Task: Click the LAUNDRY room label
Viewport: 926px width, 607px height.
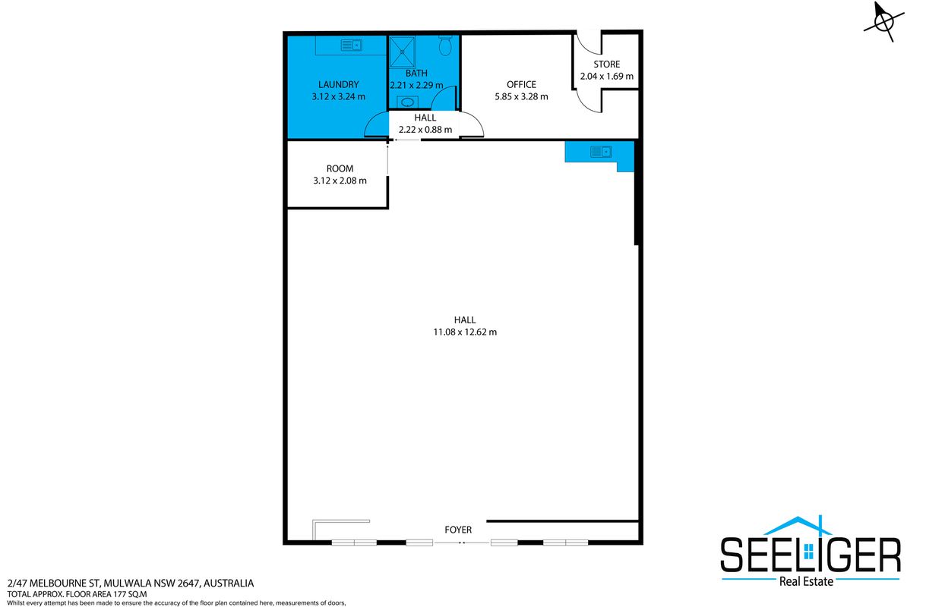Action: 338,85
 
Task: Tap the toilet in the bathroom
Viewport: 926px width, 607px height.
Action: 445,45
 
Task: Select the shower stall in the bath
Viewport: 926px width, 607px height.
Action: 403,52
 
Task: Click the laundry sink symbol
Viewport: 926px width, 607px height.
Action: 352,45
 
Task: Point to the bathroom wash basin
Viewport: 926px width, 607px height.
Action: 407,102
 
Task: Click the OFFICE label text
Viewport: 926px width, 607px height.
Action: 521,85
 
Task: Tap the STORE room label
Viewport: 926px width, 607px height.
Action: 606,64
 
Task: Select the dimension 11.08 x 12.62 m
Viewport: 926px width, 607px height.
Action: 465,332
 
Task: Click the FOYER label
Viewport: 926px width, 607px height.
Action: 458,530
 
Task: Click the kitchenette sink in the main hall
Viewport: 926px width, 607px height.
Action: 601,152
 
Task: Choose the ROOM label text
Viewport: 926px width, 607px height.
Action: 340,169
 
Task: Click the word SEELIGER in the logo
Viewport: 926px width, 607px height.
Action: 811,555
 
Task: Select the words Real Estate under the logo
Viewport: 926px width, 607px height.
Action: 806,581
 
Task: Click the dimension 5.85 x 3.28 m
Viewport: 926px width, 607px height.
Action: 521,96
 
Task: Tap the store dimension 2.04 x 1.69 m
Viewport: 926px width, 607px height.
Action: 606,77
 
